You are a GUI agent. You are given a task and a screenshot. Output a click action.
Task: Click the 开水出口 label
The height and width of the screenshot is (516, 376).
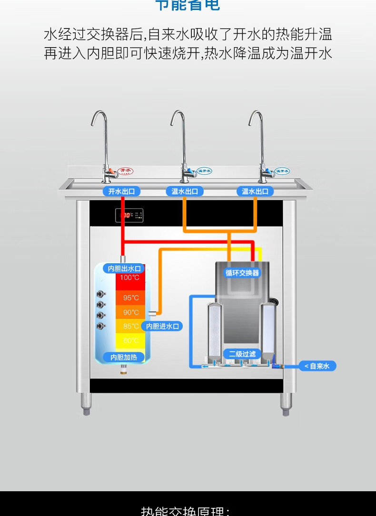coord(121,191)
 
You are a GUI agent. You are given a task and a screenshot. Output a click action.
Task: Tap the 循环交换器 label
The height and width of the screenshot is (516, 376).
coord(242,273)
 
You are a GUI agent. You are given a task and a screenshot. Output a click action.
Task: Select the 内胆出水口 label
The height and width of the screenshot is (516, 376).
coord(124,268)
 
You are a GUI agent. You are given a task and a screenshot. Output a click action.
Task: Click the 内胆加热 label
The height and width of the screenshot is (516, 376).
coord(124,357)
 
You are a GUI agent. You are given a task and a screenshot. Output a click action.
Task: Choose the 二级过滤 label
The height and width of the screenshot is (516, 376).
coord(242,354)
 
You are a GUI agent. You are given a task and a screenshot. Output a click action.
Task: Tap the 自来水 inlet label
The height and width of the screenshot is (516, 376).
coord(317,366)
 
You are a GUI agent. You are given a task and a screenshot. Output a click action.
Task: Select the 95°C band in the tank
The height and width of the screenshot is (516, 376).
coord(130,298)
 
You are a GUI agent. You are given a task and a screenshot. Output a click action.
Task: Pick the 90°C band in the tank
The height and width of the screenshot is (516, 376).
coord(130,312)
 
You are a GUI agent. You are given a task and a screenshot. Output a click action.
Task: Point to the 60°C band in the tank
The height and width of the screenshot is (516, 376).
coord(130,341)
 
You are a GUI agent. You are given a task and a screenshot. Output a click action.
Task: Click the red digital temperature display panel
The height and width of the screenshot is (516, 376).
coord(129,216)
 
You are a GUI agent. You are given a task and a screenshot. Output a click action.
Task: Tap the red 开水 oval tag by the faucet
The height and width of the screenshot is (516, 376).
coord(126,170)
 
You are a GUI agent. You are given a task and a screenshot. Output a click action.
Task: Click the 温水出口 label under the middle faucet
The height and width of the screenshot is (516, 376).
coord(185,191)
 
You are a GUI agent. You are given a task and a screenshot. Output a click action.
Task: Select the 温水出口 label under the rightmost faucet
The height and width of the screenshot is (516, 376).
coord(255,191)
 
